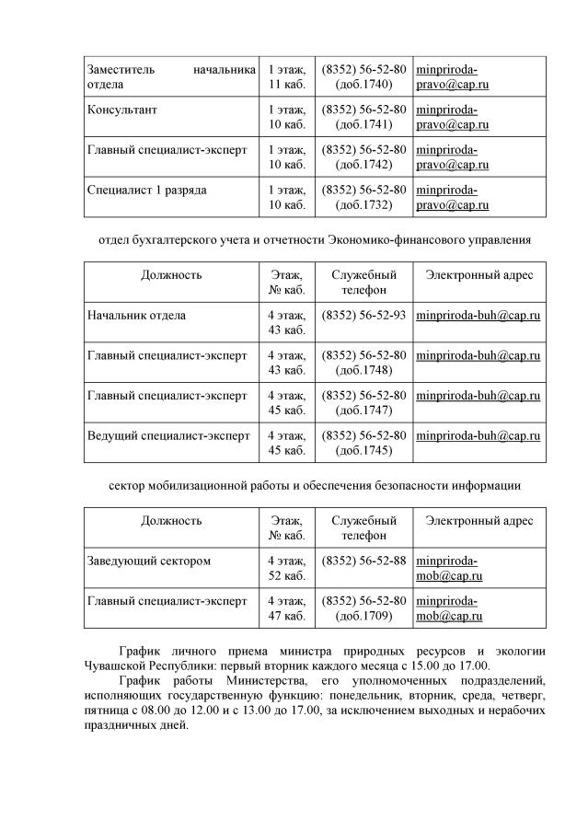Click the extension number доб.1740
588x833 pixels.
[363, 85]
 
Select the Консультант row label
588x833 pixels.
[122, 110]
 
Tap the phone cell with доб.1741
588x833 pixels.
[363, 117]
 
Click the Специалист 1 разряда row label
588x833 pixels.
[146, 190]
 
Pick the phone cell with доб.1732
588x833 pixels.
[363, 197]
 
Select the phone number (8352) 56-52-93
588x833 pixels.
[363, 316]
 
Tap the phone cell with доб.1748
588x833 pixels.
[363, 363]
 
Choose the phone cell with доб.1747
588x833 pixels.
[363, 402]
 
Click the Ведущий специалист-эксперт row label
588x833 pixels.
[167, 435]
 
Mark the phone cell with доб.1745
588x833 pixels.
[363, 443]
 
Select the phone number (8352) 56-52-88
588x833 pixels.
[363, 561]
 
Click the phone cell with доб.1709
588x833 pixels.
[363, 608]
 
